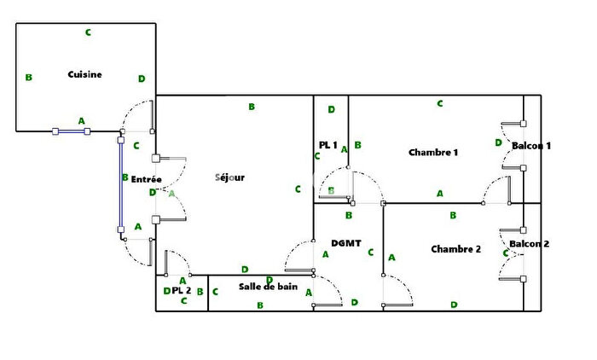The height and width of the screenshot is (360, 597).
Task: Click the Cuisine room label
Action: tap(84, 74)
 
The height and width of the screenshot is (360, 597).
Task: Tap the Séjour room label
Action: tap(229, 177)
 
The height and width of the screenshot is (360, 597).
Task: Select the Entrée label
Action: tap(146, 179)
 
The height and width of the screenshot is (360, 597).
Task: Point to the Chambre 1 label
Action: tap(433, 153)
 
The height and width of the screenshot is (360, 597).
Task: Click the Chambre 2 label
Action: tap(455, 249)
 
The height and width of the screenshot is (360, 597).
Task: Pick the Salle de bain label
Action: tap(268, 287)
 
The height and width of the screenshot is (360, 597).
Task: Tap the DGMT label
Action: tap(346, 243)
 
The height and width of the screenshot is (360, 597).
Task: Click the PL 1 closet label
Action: tap(327, 145)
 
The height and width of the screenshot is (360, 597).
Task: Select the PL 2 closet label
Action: tap(181, 290)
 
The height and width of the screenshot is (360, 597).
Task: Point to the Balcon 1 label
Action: tap(531, 146)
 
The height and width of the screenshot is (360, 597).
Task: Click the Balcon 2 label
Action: tap(530, 244)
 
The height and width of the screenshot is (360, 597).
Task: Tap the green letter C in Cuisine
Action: tap(88, 32)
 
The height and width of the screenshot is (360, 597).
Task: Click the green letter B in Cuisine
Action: tap(28, 78)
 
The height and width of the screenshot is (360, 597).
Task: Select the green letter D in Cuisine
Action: tap(142, 78)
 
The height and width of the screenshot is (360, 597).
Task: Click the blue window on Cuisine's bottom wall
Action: tap(71, 131)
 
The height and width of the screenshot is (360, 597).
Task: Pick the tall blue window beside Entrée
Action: tap(121, 185)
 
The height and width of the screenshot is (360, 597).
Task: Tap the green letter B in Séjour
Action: tap(252, 107)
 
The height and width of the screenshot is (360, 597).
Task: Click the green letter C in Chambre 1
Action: tap(440, 103)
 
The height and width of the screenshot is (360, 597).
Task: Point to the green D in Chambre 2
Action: tap(454, 305)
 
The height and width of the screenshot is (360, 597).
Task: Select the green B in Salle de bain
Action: tap(260, 305)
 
